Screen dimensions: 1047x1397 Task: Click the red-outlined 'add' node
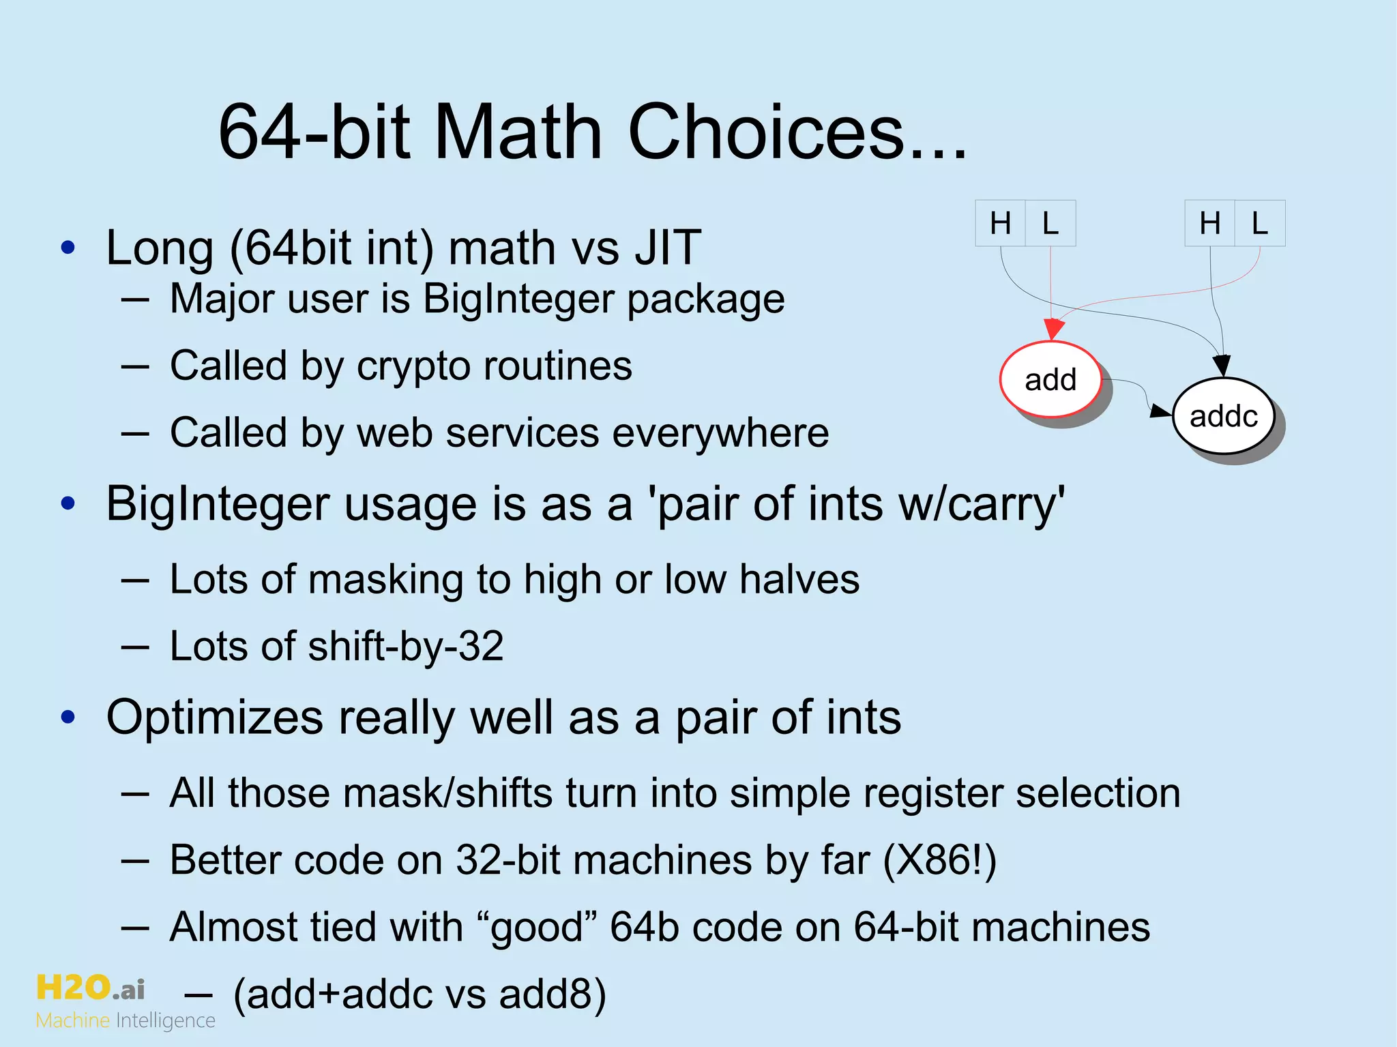click(1050, 380)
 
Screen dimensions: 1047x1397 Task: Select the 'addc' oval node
click(1223, 416)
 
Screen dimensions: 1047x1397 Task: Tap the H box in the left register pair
click(1000, 223)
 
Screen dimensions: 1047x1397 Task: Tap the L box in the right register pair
click(1260, 223)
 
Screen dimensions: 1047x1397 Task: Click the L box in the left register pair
click(1050, 223)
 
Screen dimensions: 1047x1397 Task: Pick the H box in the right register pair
click(1209, 223)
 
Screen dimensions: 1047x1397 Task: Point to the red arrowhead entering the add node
click(1054, 329)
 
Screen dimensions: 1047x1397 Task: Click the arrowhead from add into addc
click(1160, 411)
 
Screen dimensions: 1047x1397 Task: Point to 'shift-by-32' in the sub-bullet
click(405, 646)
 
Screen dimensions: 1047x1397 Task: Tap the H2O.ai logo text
click(90, 987)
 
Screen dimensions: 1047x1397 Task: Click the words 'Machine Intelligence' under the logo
click(126, 1020)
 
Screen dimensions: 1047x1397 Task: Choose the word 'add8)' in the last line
click(552, 994)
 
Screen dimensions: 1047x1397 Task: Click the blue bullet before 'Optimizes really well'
click(68, 717)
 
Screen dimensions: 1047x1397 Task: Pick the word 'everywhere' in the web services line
click(720, 433)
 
